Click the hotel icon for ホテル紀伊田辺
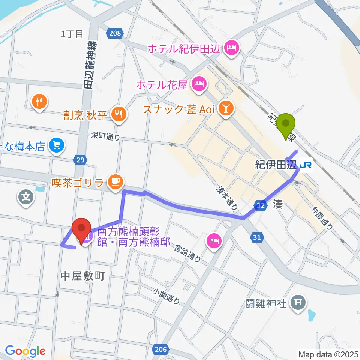tap(230, 48)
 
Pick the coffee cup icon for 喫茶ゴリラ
tap(114, 182)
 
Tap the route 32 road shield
tap(261, 205)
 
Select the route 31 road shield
tap(257, 237)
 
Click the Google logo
tap(25, 351)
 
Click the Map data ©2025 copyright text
tap(328, 354)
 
